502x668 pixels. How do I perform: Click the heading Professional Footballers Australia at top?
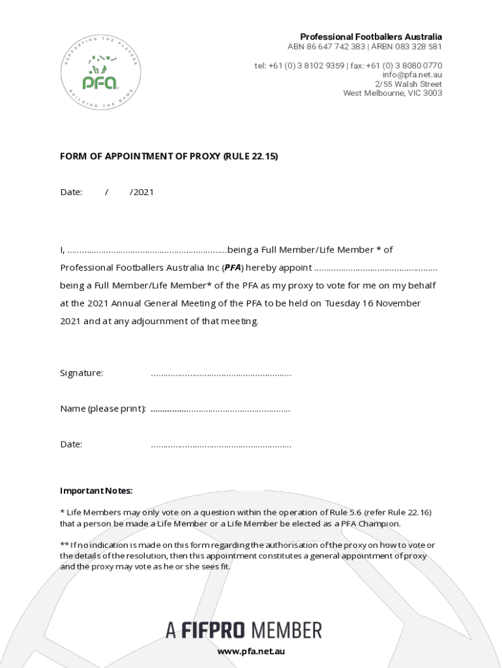point(370,37)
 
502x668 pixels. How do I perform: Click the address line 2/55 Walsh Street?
point(408,84)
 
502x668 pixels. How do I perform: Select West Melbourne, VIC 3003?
point(392,93)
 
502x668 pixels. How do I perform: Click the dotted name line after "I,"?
point(147,250)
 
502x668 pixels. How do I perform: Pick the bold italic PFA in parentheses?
point(233,267)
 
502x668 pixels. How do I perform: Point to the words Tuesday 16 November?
point(373,303)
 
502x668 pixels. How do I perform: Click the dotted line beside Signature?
point(220,374)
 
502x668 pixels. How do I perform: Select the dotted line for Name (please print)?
point(220,409)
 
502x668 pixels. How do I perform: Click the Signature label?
point(81,373)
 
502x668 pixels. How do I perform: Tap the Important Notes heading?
point(96,491)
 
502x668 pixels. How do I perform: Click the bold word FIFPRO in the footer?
point(213,630)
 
